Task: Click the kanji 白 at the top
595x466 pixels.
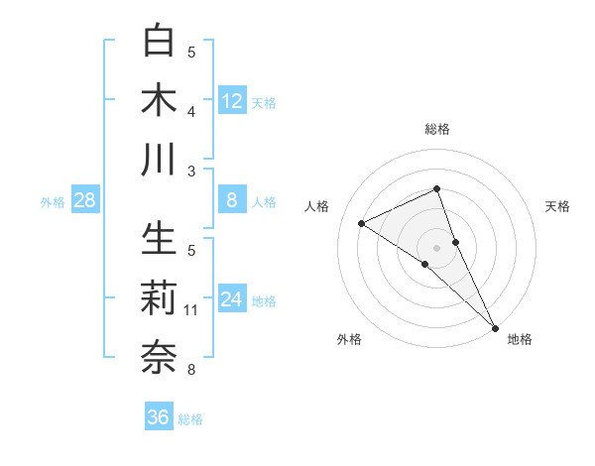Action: (x=161, y=41)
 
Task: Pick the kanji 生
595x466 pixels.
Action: (x=161, y=239)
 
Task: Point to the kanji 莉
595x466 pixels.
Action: (x=161, y=298)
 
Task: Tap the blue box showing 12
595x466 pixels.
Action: (x=232, y=101)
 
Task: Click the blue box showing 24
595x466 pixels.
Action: (x=232, y=300)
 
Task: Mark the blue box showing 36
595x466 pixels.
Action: (x=159, y=418)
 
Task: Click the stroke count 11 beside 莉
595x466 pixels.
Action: (x=191, y=310)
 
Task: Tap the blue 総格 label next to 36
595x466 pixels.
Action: (x=190, y=419)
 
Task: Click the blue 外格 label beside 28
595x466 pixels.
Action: (x=53, y=202)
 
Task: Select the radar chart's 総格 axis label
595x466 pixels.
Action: (x=437, y=129)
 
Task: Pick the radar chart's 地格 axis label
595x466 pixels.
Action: (x=520, y=339)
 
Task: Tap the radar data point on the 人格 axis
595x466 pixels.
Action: (x=362, y=223)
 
